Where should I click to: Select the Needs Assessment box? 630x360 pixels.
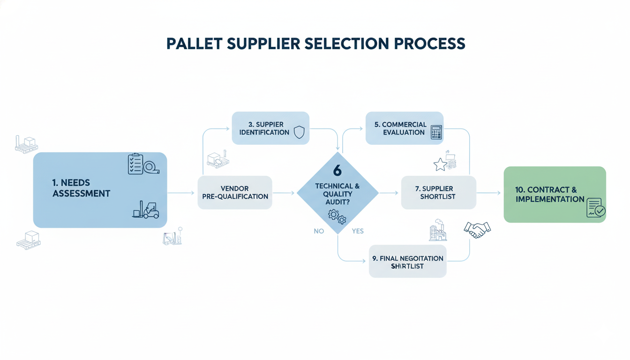point(99,190)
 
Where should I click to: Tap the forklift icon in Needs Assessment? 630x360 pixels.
point(146,210)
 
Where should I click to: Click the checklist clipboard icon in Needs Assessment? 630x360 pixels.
point(136,164)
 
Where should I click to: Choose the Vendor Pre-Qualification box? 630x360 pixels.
point(235,192)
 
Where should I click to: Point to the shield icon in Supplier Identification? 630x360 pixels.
point(299,132)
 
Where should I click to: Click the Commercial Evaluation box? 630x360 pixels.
point(404,128)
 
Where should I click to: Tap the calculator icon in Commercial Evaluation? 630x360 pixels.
point(436,132)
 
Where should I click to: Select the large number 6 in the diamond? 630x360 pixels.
point(337,171)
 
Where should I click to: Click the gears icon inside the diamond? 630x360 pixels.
point(337,217)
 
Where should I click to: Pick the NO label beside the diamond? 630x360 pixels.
point(319,231)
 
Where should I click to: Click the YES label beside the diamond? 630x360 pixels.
point(357,231)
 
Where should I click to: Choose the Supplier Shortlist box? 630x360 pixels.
point(438,193)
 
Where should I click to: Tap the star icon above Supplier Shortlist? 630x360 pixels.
point(440,165)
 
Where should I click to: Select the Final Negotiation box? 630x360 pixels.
point(407,262)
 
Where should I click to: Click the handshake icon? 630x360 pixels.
point(477,229)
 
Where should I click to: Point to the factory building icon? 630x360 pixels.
point(438,230)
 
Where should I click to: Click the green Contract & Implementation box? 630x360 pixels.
point(555,194)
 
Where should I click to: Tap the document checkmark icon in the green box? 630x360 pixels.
point(595,208)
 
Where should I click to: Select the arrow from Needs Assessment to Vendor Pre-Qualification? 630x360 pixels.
point(180,193)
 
